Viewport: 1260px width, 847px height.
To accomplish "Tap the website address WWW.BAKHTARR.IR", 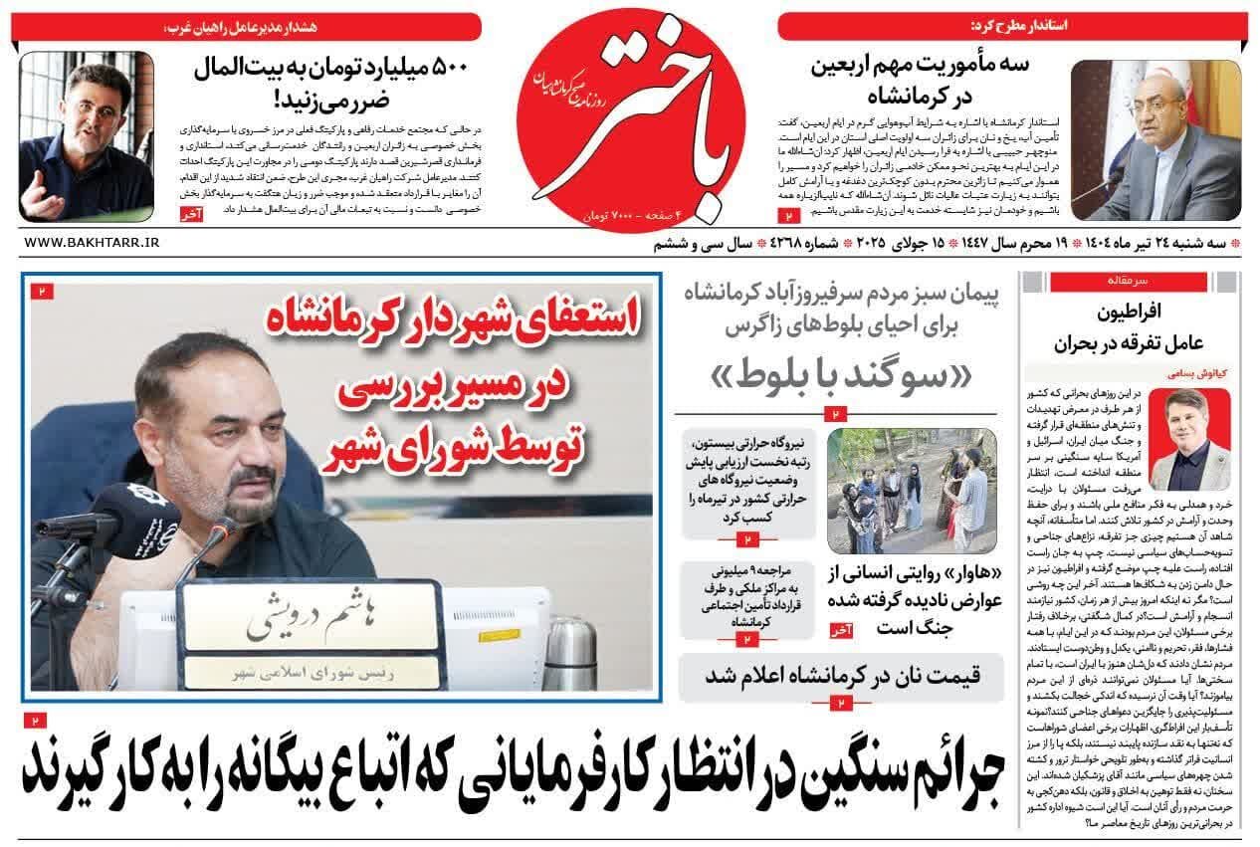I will (91, 242).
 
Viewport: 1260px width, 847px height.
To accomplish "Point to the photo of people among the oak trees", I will (912, 492).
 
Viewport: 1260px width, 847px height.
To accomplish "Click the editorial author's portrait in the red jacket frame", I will (1196, 438).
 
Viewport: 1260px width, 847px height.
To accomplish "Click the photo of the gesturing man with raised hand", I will (86, 137).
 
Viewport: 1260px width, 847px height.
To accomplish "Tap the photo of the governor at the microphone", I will (1155, 140).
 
